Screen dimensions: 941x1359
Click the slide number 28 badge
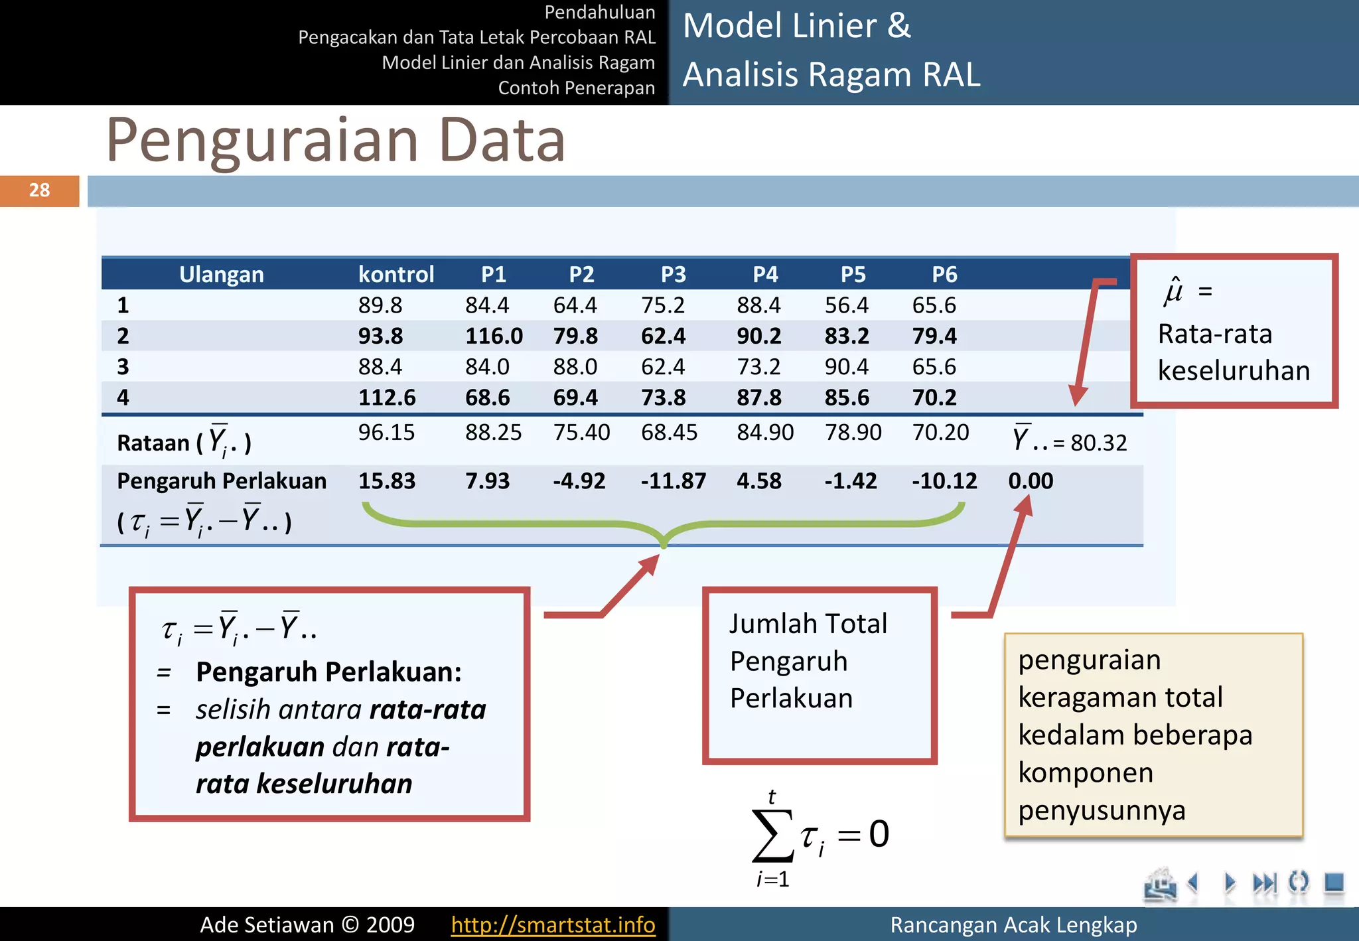(x=39, y=190)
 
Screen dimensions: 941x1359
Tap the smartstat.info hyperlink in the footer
(x=553, y=924)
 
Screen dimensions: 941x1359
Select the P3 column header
(x=673, y=274)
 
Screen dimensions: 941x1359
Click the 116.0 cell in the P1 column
(x=494, y=336)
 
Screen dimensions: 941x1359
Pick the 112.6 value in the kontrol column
(x=387, y=398)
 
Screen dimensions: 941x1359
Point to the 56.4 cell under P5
(x=847, y=305)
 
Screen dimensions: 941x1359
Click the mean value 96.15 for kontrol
(x=386, y=433)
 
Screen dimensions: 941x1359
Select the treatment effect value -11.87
(x=673, y=480)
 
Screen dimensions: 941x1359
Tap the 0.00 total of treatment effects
(x=1031, y=480)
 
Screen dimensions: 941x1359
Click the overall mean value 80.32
(x=1098, y=443)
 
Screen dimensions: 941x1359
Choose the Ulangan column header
(x=221, y=274)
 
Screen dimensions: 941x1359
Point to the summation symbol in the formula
(x=772, y=834)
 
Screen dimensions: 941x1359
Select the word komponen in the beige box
(x=1086, y=772)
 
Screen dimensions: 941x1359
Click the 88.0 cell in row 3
(x=575, y=367)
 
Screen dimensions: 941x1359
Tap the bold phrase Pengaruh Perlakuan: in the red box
(x=328, y=672)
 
